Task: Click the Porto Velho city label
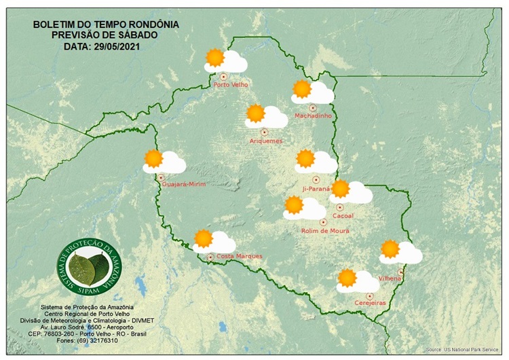(231, 85)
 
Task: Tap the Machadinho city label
(312, 116)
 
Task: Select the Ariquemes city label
(266, 141)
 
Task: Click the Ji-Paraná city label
(316, 188)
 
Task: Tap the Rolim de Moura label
(325, 231)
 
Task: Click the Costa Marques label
(239, 256)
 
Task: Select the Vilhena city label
(391, 278)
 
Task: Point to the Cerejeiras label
(371, 304)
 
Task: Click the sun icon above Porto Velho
(215, 58)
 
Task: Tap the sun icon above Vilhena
(390, 249)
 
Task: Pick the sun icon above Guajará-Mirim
(154, 158)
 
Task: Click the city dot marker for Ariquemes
(264, 132)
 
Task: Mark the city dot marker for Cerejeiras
(369, 295)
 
